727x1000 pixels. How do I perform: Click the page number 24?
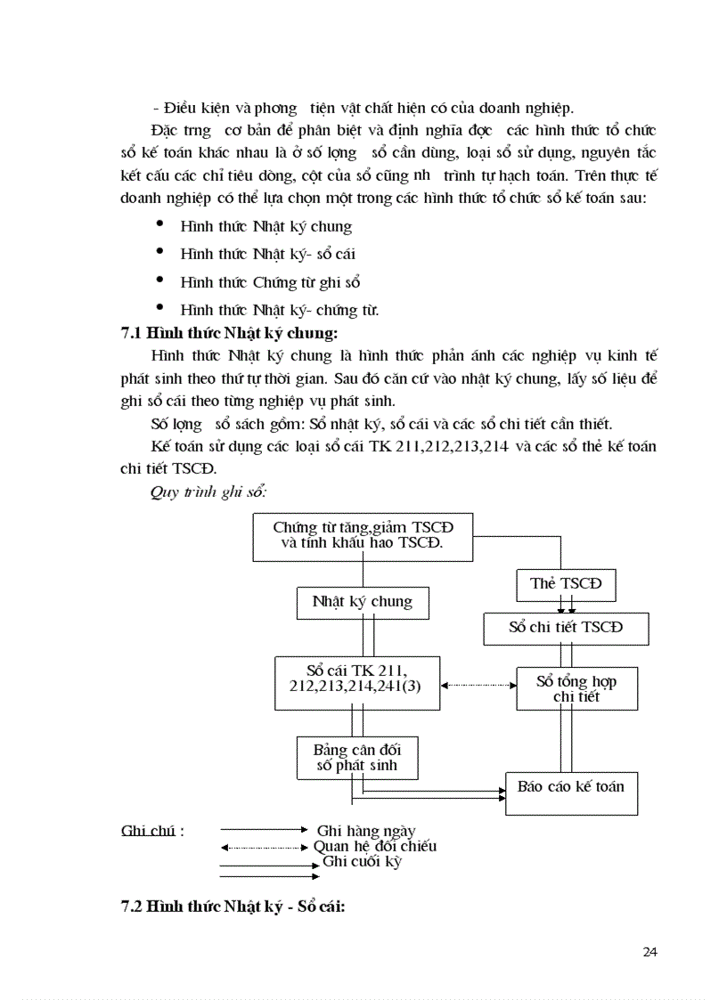(x=649, y=952)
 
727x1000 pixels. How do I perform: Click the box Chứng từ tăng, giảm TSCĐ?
(x=363, y=535)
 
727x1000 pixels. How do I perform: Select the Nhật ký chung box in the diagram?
(x=362, y=602)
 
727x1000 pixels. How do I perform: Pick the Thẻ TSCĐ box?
(x=566, y=584)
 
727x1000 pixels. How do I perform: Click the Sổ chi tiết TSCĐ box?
(x=566, y=627)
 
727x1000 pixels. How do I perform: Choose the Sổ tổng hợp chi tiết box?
(x=576, y=688)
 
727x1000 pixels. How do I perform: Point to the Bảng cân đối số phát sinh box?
(x=356, y=757)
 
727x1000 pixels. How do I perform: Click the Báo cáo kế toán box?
(x=571, y=787)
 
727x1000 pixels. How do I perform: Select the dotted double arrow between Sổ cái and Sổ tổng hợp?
(x=478, y=685)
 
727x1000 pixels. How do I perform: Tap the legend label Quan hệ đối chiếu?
(x=374, y=847)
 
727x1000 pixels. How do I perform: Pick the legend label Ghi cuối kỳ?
(x=363, y=862)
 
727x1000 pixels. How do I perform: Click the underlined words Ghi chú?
(x=147, y=832)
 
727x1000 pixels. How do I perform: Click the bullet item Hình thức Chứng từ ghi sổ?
(x=269, y=282)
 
